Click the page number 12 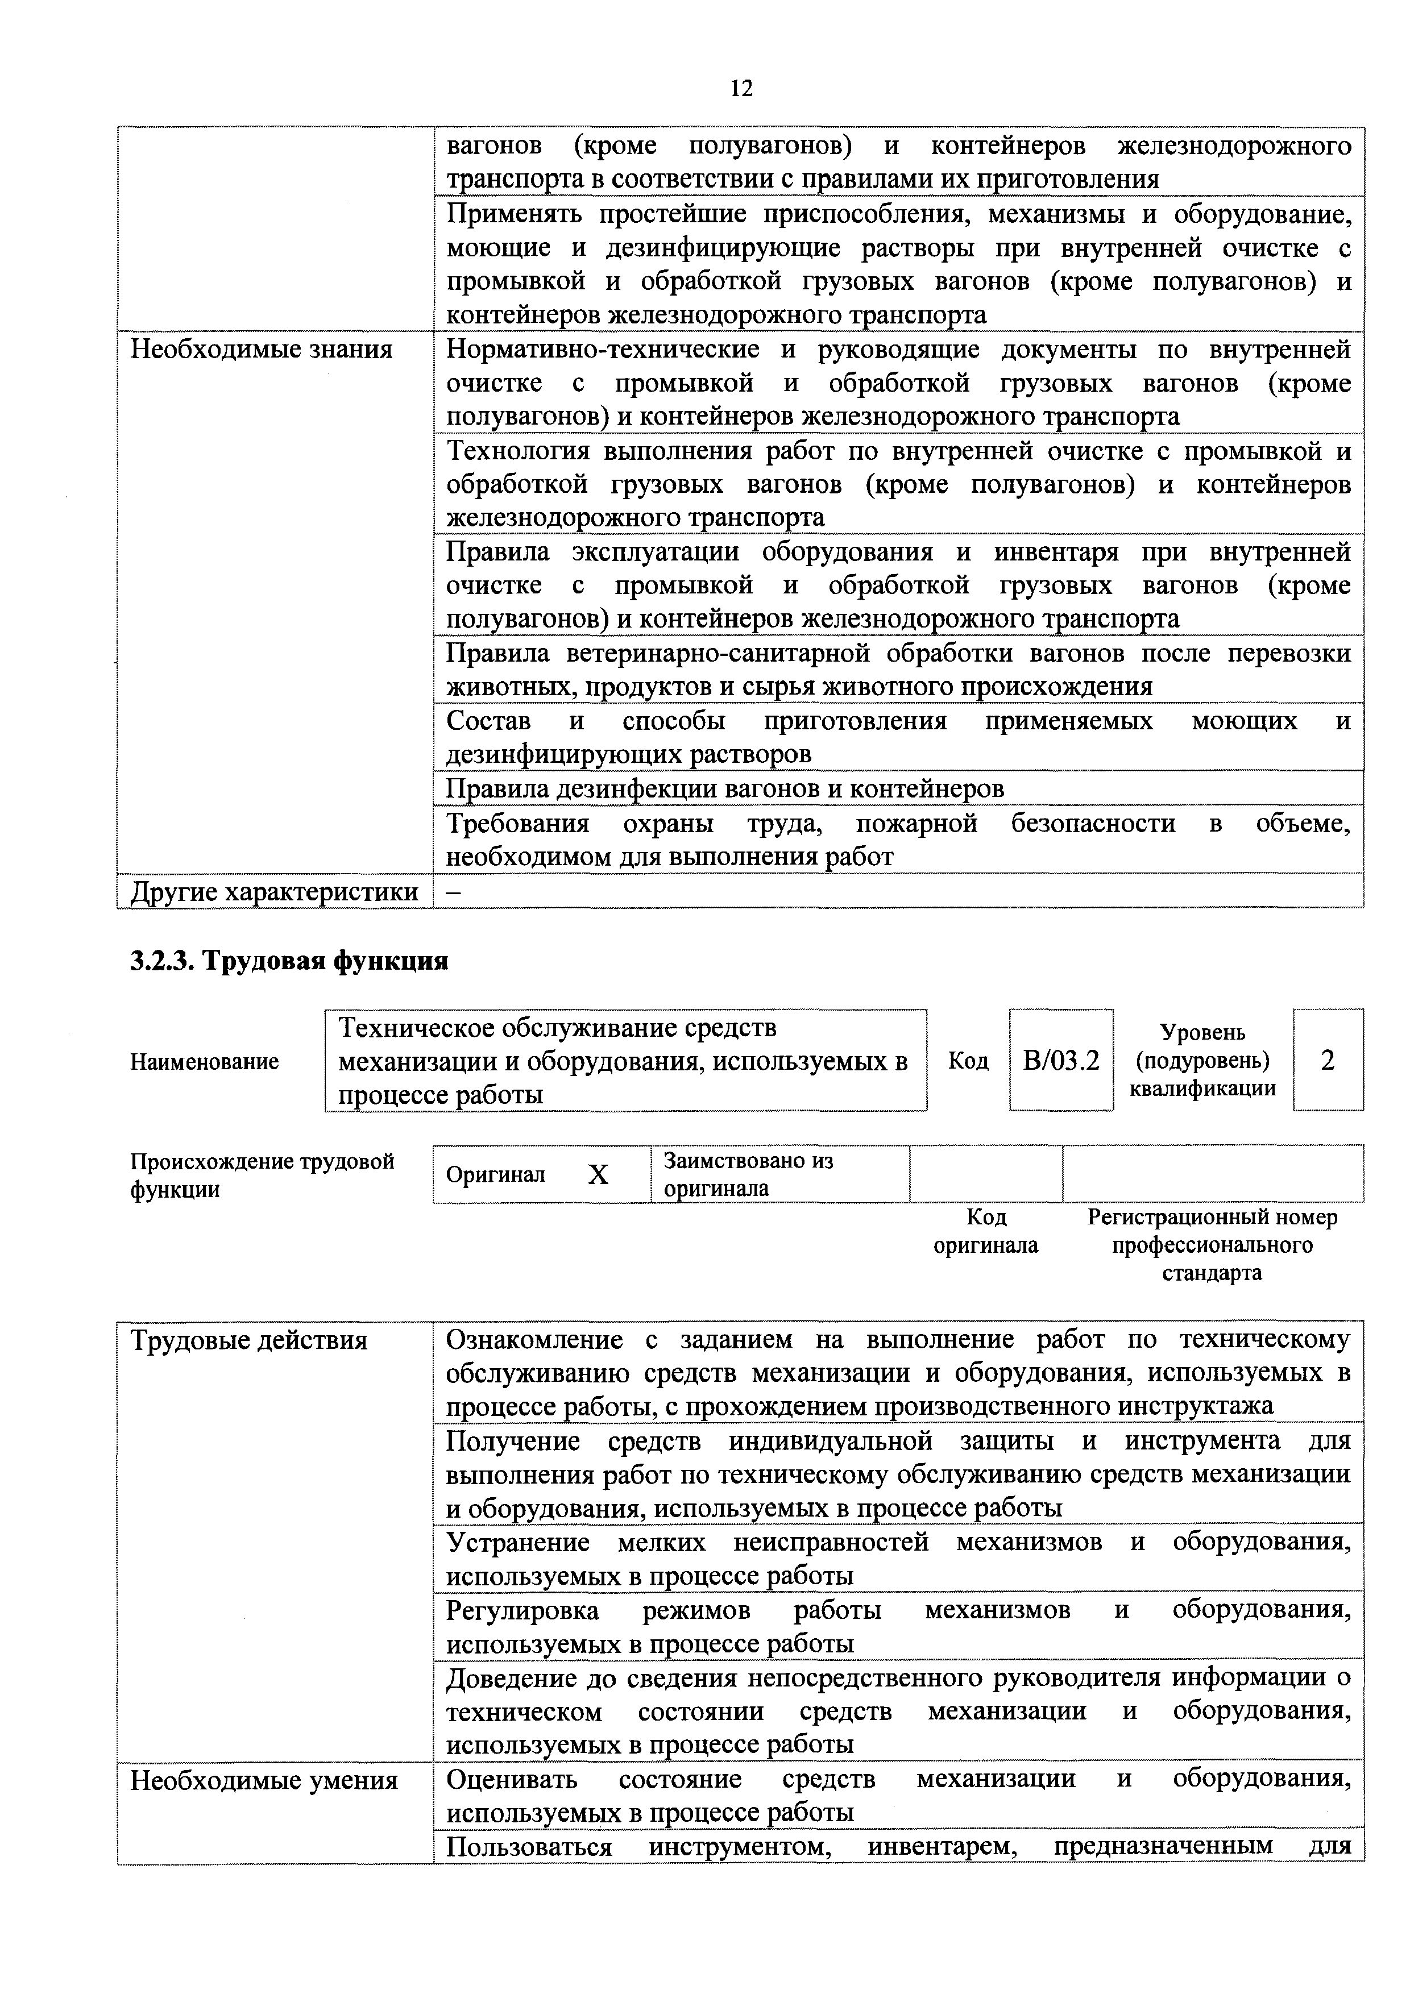coord(741,89)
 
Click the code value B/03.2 coord(1061,1061)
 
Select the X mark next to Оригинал coord(598,1175)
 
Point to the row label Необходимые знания coord(262,349)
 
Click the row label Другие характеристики coord(273,892)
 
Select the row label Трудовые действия coord(248,1340)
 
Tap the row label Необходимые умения coord(264,1781)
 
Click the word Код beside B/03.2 coord(968,1061)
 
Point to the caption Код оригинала coord(985,1232)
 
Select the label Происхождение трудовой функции coord(262,1175)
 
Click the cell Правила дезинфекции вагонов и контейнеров coord(724,788)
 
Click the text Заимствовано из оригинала coord(748,1174)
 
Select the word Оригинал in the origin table coord(495,1175)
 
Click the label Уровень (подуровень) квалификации coord(1202,1061)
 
